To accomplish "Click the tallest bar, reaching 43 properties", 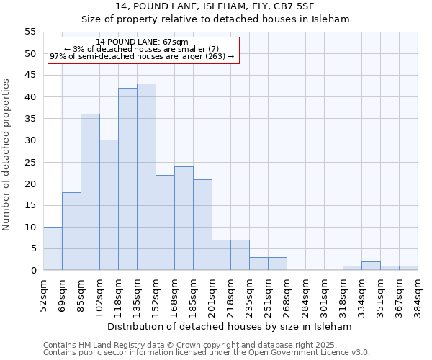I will [x=146, y=177].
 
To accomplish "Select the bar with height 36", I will [x=90, y=192].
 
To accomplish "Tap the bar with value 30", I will [x=109, y=205].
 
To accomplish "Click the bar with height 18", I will [x=71, y=231].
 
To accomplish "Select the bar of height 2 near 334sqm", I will [x=371, y=266].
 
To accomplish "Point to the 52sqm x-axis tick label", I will [x=42, y=293].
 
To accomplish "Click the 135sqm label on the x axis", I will [x=137, y=294].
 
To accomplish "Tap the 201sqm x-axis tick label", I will [x=212, y=294].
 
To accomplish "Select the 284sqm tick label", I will [x=305, y=294].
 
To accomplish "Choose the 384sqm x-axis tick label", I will [x=418, y=294].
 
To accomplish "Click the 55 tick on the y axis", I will [x=30, y=32].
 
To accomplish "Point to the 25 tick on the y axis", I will [x=30, y=162].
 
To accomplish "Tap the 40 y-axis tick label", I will [x=30, y=96].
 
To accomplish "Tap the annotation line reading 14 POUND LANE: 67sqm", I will [x=142, y=42].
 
